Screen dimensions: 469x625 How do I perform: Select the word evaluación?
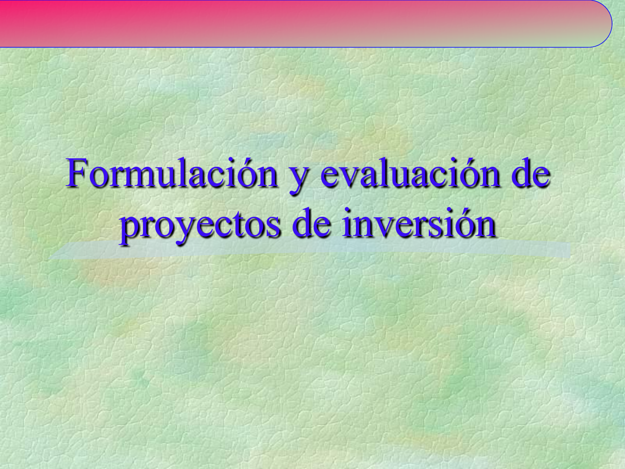point(410,173)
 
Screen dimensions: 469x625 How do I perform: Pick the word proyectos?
point(200,225)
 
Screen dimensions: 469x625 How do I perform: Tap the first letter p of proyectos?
point(128,228)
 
